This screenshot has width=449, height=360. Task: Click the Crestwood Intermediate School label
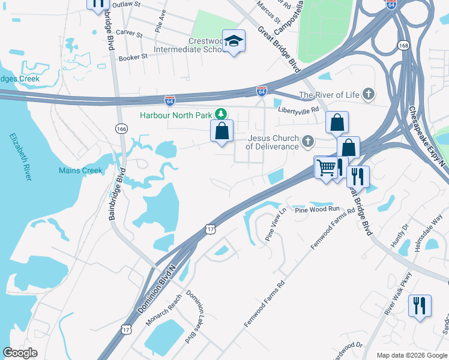tap(188, 45)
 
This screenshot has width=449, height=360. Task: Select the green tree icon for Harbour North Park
tap(221, 113)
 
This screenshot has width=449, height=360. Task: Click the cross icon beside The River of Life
tap(368, 94)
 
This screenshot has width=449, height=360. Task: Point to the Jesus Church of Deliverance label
tap(273, 142)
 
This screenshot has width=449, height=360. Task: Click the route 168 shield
tap(403, 46)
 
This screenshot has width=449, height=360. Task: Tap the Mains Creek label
tap(80, 170)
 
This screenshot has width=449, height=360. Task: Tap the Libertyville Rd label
tap(298, 110)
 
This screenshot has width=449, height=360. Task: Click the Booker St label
tap(133, 57)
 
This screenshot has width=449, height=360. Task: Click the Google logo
tap(20, 353)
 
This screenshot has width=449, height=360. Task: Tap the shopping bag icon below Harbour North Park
tap(221, 130)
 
